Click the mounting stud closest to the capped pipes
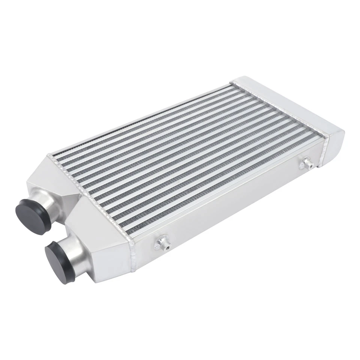click(162, 244)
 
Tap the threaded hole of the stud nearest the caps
click(167, 247)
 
